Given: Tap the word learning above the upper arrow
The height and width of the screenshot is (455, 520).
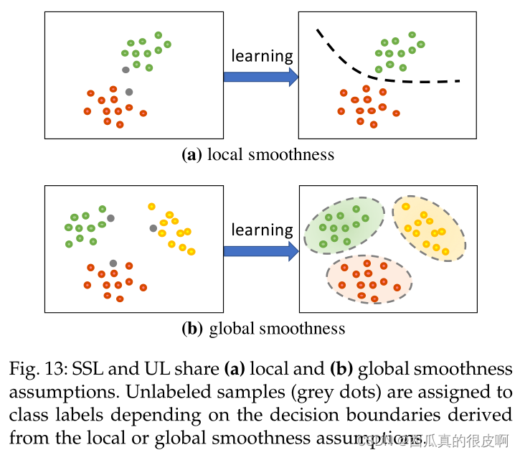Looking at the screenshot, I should (263, 56).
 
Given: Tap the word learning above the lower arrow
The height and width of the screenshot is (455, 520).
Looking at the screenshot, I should (263, 230).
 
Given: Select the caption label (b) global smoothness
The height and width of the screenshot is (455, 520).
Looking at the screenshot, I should (263, 329).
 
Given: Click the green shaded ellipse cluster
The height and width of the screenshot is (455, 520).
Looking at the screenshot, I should (344, 225).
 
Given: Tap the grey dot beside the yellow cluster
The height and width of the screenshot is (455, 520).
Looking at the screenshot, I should (153, 228).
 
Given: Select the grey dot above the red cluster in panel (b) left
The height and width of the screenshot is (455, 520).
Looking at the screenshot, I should (113, 263).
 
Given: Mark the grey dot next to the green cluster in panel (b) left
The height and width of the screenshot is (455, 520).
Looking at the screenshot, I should (110, 217).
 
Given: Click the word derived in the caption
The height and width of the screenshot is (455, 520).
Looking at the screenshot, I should (481, 416).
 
